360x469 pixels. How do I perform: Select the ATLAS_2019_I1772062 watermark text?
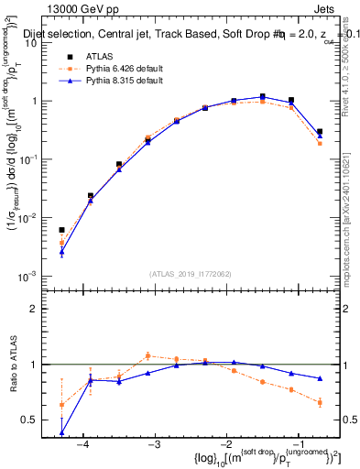190,273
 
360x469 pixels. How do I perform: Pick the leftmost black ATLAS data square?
61,231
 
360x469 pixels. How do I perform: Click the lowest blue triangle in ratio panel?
61,432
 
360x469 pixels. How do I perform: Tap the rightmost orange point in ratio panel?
320,402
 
